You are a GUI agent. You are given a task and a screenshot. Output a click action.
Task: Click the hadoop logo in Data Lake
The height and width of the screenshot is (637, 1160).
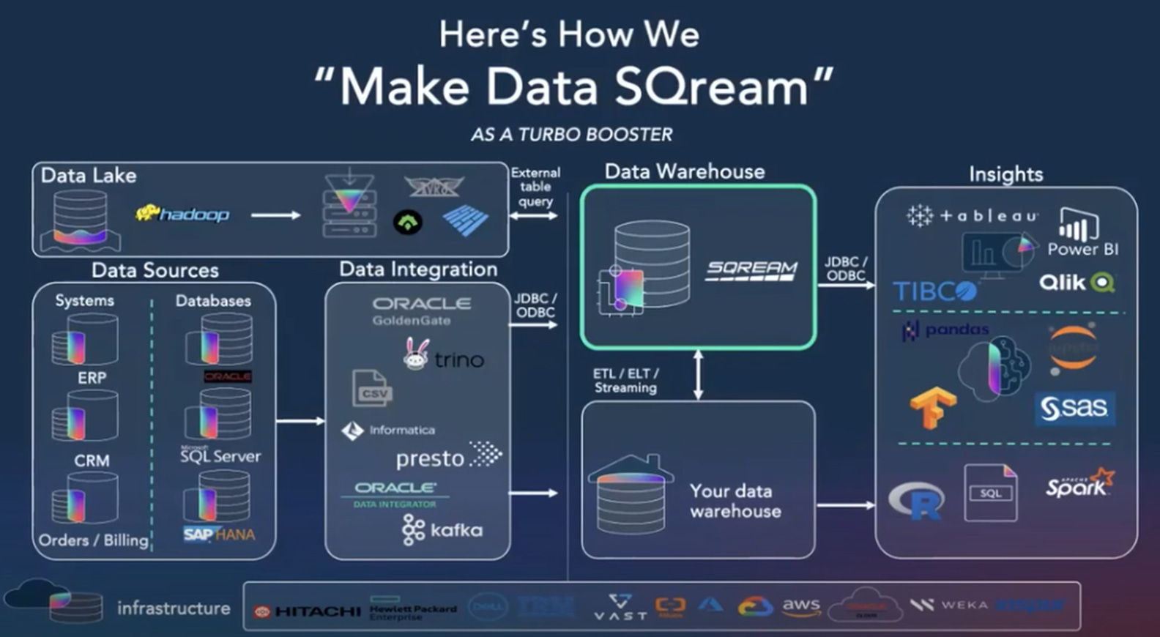[183, 214]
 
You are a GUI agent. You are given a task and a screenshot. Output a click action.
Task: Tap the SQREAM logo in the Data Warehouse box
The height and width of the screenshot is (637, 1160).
[751, 271]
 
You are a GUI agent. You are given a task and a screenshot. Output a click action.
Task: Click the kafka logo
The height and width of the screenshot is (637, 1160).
[442, 530]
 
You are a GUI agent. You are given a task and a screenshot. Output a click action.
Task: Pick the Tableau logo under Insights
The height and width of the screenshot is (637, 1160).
[972, 215]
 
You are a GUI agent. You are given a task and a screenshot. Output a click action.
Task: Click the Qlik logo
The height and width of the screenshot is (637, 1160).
[1077, 283]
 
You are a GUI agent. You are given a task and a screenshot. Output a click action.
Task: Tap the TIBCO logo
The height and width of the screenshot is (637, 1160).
[934, 291]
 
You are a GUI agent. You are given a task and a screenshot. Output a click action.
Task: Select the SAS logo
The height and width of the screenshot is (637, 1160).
[1074, 408]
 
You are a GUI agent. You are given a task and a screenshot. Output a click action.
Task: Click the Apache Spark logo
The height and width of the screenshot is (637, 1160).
[1079, 484]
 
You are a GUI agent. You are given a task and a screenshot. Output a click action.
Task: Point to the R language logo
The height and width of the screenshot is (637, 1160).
[916, 500]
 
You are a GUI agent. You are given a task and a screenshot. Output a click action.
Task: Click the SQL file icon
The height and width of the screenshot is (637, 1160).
[990, 493]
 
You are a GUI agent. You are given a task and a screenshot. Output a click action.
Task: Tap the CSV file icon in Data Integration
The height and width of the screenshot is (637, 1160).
[372, 388]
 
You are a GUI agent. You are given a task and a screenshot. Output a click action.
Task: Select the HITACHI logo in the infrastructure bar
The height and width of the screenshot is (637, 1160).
[308, 611]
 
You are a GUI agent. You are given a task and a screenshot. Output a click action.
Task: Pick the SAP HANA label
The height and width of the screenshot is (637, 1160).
[219, 534]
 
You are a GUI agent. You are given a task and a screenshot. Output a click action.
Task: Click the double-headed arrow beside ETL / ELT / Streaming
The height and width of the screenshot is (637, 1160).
[698, 374]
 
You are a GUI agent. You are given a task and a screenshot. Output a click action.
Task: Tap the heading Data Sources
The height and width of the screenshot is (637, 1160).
[155, 270]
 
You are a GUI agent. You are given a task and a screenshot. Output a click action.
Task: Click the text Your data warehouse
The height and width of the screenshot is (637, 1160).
[735, 501]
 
